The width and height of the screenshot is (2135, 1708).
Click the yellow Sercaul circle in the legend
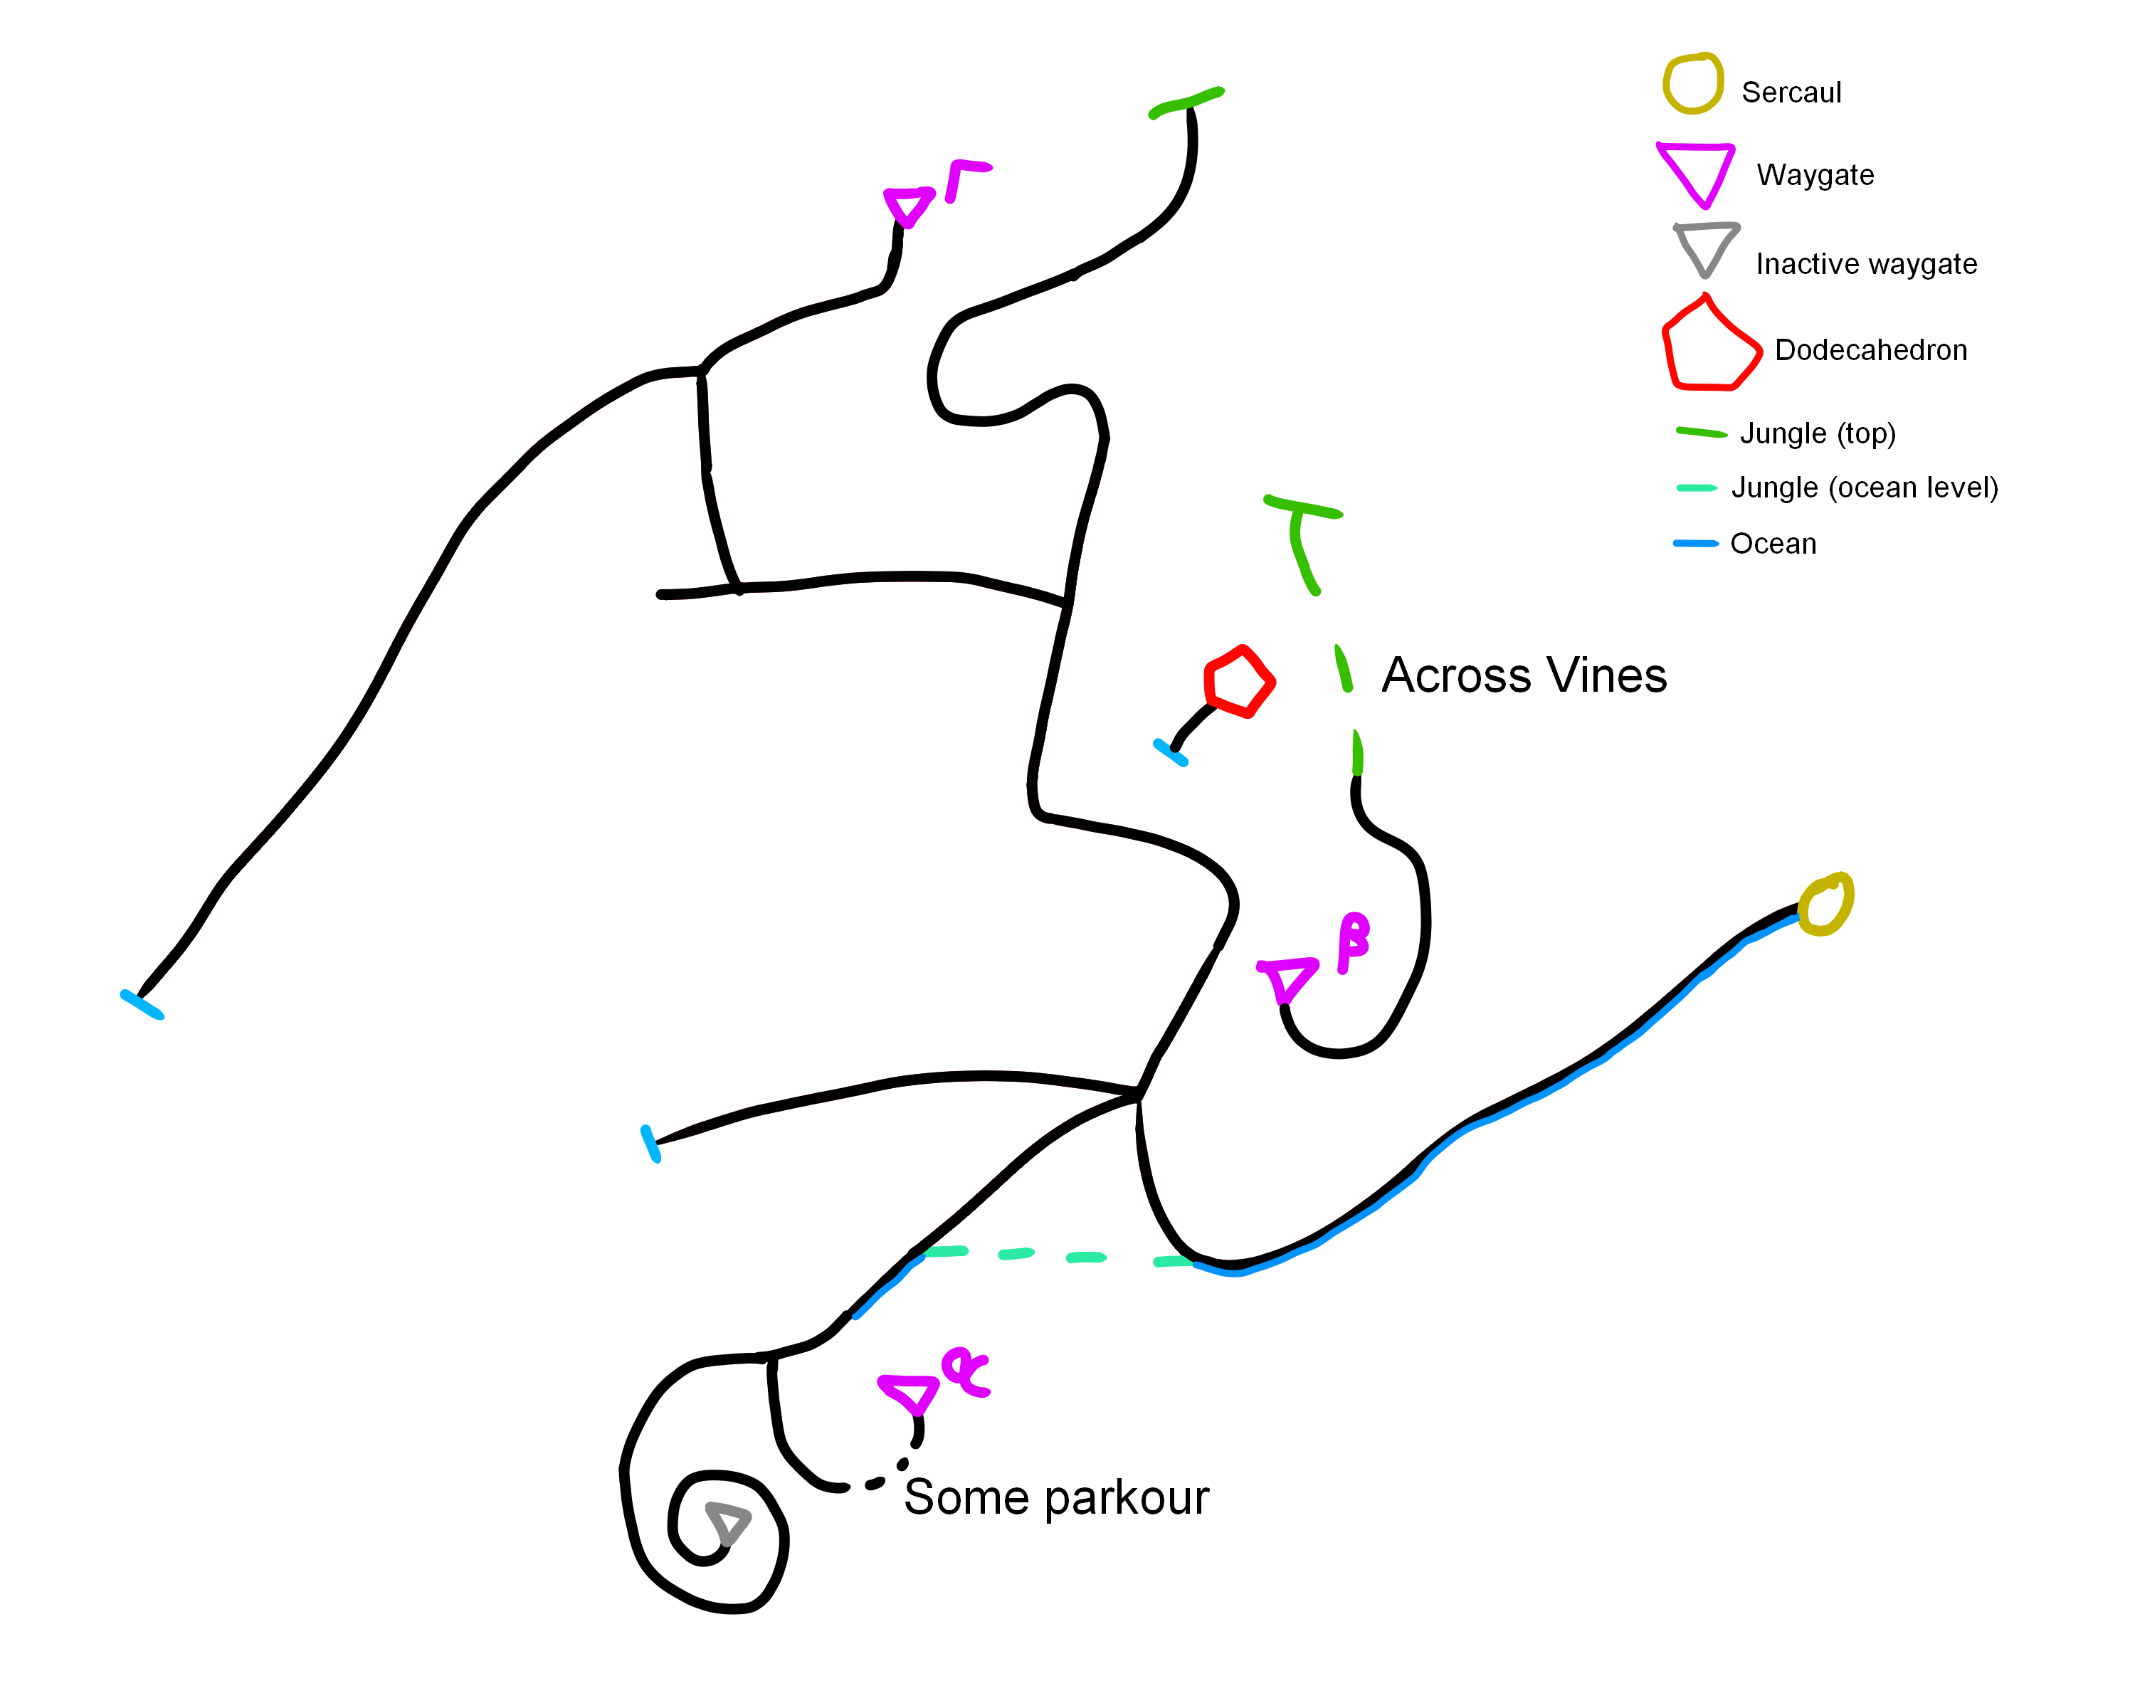tap(1692, 84)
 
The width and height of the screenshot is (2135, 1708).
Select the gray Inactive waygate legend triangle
tap(1705, 248)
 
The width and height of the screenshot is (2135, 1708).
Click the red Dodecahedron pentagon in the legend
tap(1709, 347)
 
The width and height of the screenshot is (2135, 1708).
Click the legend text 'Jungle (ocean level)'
tap(1864, 488)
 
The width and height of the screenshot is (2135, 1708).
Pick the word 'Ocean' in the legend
tap(1773, 544)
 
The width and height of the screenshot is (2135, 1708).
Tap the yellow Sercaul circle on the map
tap(1824, 904)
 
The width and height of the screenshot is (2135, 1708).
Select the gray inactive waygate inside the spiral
tap(728, 1522)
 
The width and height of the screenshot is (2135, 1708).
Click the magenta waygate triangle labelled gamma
tap(907, 206)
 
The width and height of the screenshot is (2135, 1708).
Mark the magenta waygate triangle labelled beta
tap(1287, 979)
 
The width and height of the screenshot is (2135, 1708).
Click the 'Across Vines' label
tap(1523, 676)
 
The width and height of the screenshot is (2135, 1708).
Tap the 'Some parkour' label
tap(1055, 1498)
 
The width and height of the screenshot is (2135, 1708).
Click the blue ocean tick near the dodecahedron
tap(1171, 752)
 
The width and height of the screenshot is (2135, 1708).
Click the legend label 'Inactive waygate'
tap(1866, 264)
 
